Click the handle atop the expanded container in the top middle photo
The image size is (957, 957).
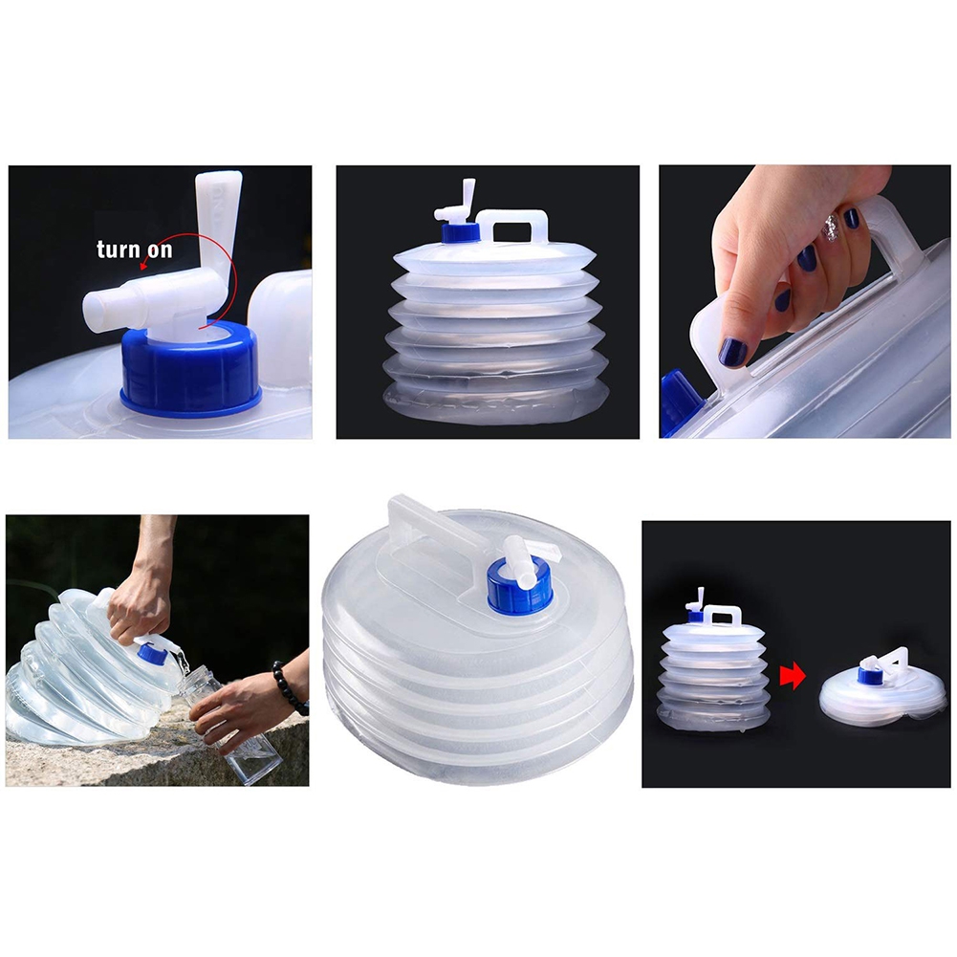[x=515, y=226]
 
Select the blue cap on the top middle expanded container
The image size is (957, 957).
[x=459, y=234]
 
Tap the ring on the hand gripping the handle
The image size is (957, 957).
[x=830, y=228]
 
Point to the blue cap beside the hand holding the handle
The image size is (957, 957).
[x=680, y=402]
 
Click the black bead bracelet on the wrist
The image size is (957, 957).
[x=288, y=689]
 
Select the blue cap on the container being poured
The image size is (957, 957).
[x=150, y=655]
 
